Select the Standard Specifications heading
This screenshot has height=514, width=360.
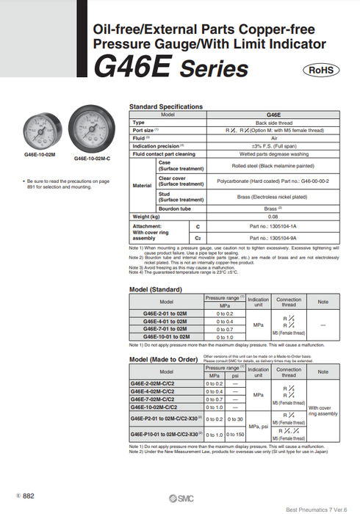click(x=165, y=107)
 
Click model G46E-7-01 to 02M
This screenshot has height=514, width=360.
click(x=167, y=330)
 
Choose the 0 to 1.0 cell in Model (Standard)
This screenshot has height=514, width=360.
click(x=225, y=337)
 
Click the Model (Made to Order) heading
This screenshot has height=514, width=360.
click(x=164, y=360)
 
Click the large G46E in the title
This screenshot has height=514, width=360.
click(x=132, y=68)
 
